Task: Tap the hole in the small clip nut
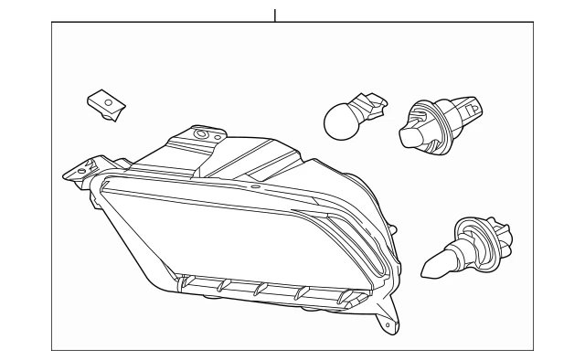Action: pos(108,105)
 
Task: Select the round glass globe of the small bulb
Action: pos(339,119)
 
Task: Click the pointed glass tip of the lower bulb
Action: pos(431,270)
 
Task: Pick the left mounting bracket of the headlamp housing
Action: pos(79,169)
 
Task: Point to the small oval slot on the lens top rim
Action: pos(256,186)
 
